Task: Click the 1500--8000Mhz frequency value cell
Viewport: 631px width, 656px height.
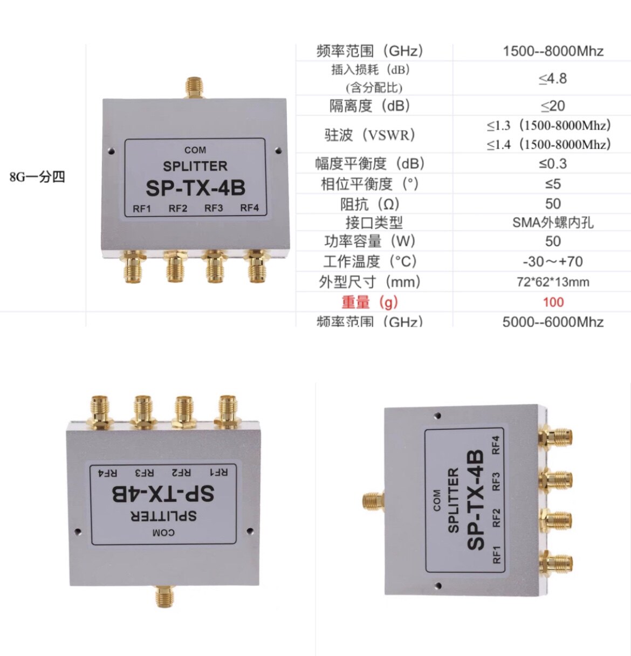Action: coord(553,51)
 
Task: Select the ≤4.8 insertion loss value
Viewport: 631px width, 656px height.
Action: coord(553,79)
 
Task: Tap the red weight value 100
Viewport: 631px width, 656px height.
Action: coord(553,302)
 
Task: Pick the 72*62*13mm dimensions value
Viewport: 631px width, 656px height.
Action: coord(553,281)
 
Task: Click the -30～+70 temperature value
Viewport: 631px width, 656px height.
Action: coord(553,261)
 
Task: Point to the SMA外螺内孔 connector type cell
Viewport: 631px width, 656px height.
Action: coord(553,222)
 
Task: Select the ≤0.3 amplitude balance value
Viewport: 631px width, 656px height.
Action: coord(553,163)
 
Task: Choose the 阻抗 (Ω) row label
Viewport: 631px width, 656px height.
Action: coord(369,204)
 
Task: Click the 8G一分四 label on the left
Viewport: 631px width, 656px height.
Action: coord(37,177)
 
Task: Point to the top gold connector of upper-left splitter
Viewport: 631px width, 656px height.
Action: coord(194,87)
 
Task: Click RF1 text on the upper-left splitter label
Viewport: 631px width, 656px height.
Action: coord(142,209)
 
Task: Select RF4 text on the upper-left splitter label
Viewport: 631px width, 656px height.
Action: coord(249,208)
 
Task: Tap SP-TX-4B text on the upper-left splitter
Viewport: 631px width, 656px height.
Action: coord(195,188)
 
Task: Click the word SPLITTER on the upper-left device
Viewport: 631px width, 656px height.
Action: coord(195,166)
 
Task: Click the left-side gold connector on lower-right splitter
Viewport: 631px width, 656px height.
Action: coord(372,501)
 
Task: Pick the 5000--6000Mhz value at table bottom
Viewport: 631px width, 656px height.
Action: coord(553,322)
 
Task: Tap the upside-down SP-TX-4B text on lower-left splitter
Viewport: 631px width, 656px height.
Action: coord(163,493)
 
